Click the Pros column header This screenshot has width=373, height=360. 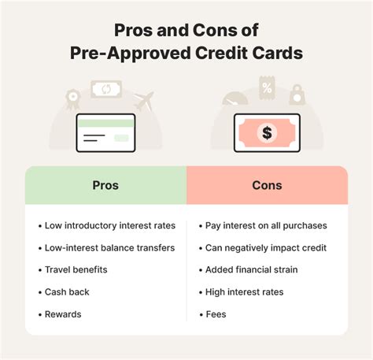pyautogui.click(x=105, y=185)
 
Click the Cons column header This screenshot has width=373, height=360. pyautogui.click(x=266, y=185)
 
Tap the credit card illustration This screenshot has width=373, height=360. pyautogui.click(x=106, y=133)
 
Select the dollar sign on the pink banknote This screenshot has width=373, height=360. pyautogui.click(x=267, y=132)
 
